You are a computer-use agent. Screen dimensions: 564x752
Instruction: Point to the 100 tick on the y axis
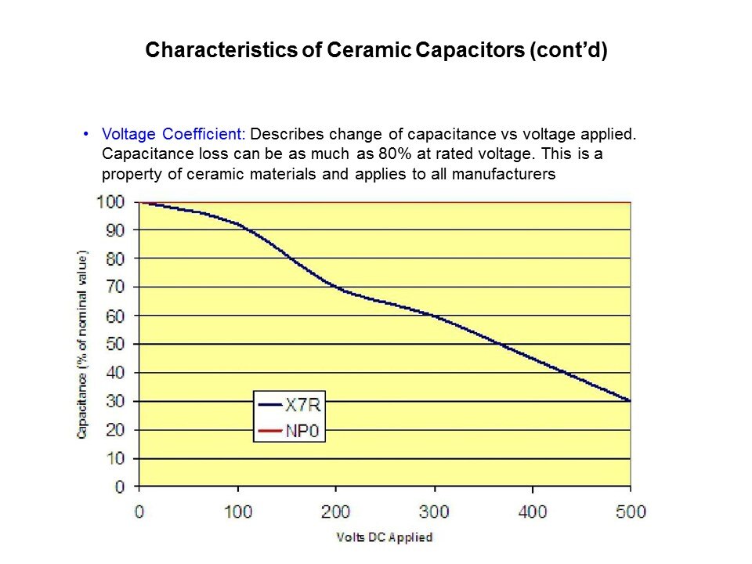[110, 202]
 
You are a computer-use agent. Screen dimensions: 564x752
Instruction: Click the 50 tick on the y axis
[114, 345]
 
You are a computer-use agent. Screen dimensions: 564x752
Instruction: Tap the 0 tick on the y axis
[119, 487]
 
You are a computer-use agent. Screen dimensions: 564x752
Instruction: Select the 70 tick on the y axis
[114, 287]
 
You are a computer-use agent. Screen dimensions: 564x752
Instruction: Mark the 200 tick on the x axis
[336, 512]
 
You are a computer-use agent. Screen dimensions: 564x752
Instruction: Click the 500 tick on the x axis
[631, 512]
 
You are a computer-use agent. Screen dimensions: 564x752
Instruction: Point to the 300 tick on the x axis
[434, 512]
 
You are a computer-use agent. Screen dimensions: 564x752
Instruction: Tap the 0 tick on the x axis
[139, 512]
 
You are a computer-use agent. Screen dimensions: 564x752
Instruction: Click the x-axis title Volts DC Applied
[384, 537]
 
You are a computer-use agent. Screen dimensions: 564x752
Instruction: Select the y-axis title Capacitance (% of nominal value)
[82, 345]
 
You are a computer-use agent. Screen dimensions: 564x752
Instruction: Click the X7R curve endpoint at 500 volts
[630, 401]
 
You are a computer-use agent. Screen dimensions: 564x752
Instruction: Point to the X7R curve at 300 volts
[434, 316]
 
